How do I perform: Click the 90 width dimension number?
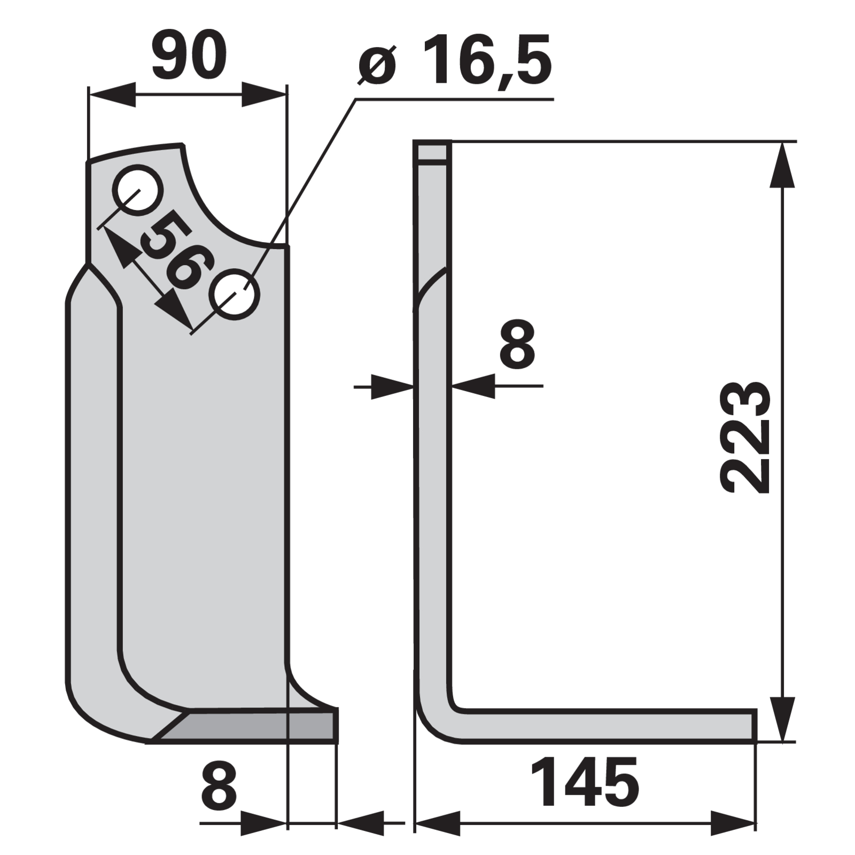190,56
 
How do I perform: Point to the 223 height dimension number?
745,437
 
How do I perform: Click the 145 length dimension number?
585,782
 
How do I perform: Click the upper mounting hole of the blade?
137,190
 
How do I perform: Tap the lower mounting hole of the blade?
235,296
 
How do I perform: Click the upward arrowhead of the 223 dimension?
782,165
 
